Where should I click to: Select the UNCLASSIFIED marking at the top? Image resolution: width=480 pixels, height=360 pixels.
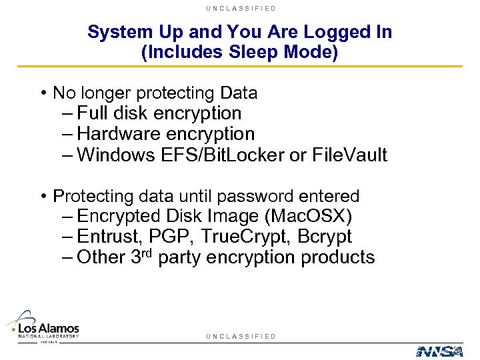(241, 8)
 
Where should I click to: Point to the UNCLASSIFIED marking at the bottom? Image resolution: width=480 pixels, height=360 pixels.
(241, 336)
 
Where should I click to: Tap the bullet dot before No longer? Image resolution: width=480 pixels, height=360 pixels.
(43, 93)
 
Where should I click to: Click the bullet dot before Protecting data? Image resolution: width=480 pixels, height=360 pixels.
(43, 197)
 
